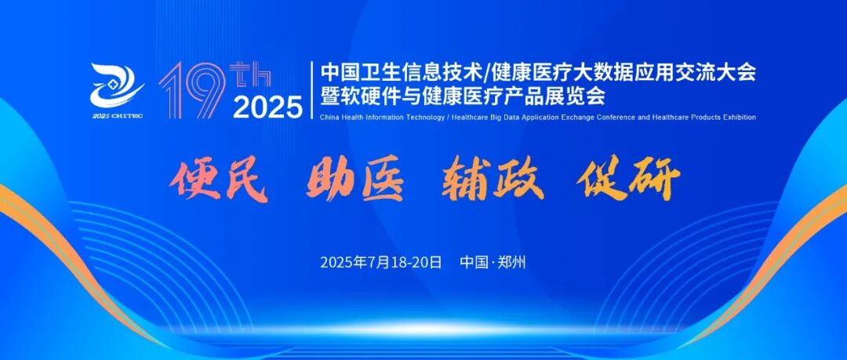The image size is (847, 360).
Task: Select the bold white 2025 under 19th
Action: (267, 106)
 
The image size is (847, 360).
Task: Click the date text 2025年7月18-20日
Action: (381, 262)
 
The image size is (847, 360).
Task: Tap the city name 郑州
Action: (511, 262)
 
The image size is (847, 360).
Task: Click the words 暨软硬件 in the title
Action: (368, 96)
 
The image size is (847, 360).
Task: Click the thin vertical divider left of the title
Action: (311, 89)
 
